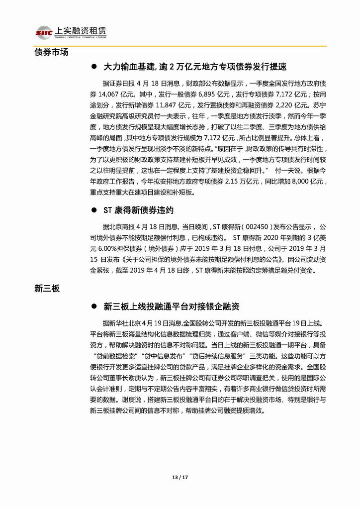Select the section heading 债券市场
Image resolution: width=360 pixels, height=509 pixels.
point(51,52)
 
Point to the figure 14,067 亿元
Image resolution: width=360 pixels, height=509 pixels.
point(104,93)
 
